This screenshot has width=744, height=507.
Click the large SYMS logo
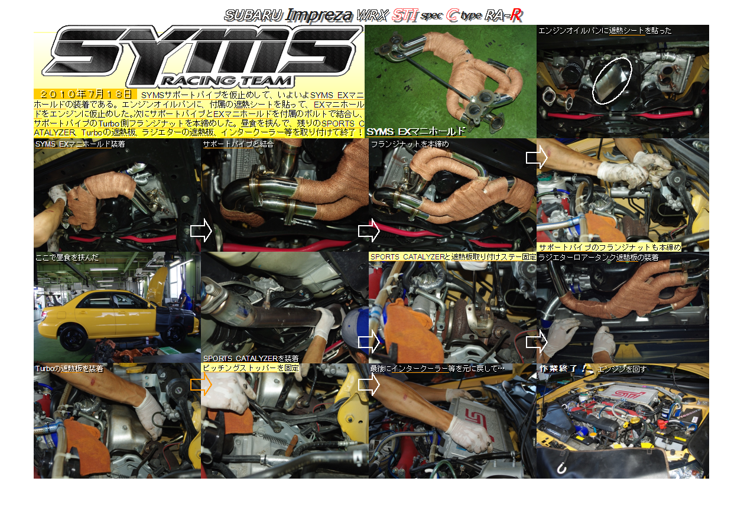203,55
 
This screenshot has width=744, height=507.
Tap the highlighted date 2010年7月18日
85,95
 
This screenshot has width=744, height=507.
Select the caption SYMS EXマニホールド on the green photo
416,132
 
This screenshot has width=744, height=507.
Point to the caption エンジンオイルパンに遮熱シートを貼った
605,31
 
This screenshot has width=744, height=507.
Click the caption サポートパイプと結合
238,144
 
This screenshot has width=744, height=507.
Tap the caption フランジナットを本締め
410,144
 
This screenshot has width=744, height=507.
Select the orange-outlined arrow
202,385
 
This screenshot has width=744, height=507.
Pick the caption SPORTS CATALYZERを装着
251,359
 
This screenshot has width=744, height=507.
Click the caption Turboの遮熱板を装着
69,369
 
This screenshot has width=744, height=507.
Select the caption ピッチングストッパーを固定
251,368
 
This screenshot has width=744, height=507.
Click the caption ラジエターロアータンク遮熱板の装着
598,258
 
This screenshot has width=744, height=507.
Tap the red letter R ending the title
516,15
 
